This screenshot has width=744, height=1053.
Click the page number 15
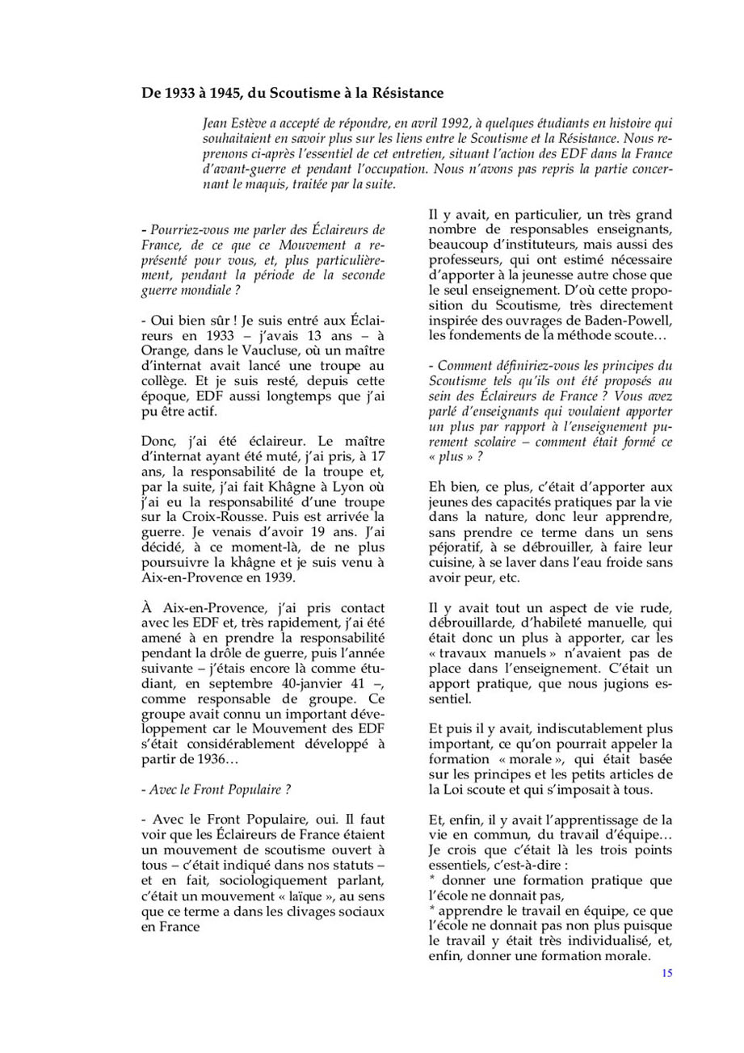click(x=666, y=973)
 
